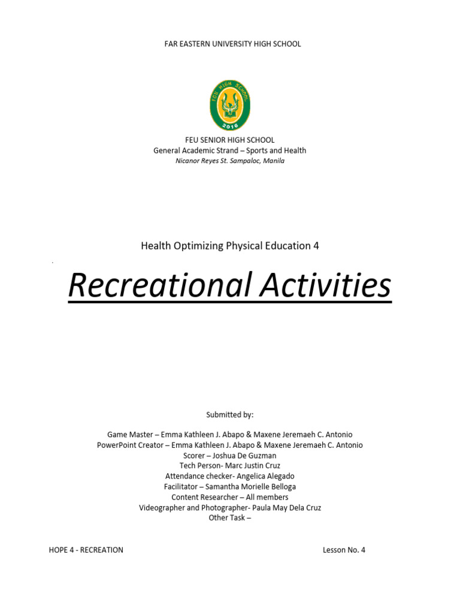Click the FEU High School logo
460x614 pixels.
pos(230,106)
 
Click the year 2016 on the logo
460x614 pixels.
pos(230,126)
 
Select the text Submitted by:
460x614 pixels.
pos(230,414)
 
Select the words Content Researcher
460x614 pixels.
pos(204,497)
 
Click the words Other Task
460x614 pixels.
pos(226,517)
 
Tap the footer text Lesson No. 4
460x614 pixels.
pos(344,550)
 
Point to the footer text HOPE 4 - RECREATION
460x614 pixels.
pos(86,550)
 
